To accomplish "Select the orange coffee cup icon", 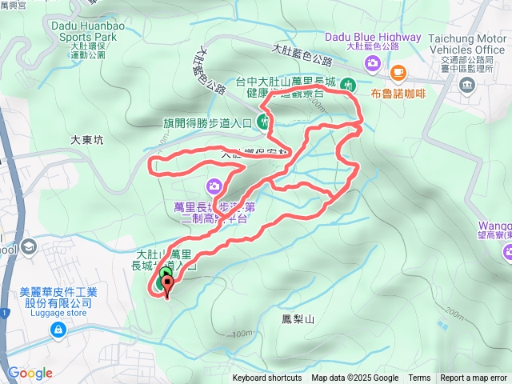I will tap(398, 73).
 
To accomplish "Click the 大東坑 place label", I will tap(87, 139).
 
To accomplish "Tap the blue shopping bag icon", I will tap(57, 330).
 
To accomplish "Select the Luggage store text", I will tap(57, 313).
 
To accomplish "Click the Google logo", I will tap(30, 373).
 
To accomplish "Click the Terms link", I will tap(419, 378).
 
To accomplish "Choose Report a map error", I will tap(474, 378).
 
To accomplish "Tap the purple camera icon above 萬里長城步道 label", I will tap(214, 187).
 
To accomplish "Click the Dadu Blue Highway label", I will tap(373, 37).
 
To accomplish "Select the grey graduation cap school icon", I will tap(29, 245).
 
